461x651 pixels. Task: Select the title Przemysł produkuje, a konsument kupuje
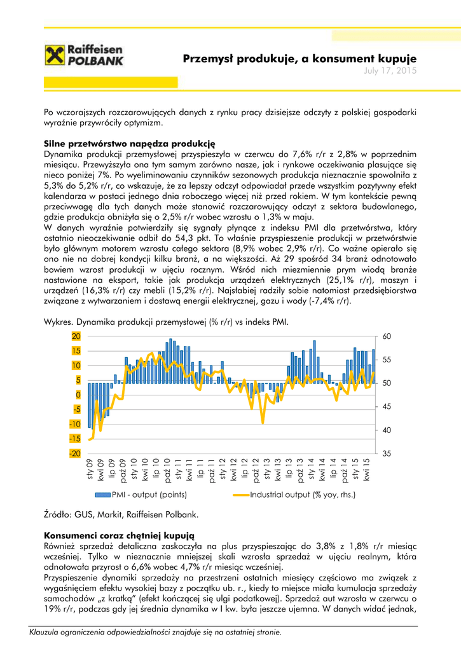click(299, 58)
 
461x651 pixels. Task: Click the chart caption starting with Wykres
click(166, 322)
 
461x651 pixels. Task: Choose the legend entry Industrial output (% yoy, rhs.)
click(303, 494)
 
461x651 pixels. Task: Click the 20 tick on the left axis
click(76, 336)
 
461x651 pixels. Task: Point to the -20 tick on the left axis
click(74, 453)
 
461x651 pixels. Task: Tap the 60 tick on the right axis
click(387, 336)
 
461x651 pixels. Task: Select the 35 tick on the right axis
click(387, 453)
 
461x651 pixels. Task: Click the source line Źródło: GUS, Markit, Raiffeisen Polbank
click(121, 514)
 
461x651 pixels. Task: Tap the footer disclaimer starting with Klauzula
click(155, 632)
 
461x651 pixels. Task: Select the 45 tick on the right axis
click(387, 406)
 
